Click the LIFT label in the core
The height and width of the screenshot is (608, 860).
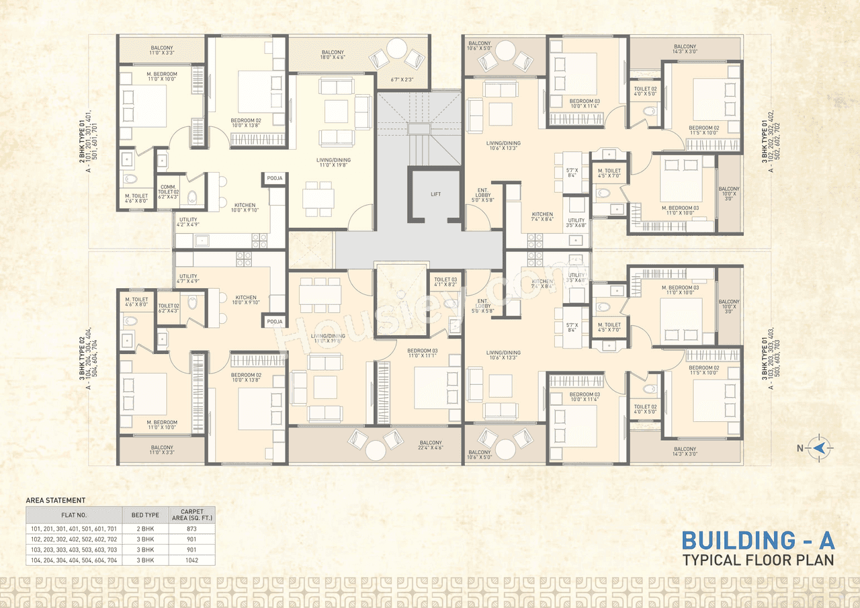pos(435,194)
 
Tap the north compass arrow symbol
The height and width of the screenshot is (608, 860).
pos(820,447)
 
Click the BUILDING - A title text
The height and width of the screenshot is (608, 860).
pos(758,541)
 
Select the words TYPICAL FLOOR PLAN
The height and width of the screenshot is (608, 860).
pos(758,560)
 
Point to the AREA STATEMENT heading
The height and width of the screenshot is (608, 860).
pos(55,501)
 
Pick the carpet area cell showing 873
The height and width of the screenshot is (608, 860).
pos(191,529)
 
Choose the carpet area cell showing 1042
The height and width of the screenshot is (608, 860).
pos(191,560)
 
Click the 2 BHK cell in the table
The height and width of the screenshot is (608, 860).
pos(145,529)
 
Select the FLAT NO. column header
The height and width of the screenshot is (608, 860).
pos(74,515)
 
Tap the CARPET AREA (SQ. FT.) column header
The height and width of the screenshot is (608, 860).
pos(191,515)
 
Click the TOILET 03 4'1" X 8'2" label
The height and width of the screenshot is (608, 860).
pos(445,283)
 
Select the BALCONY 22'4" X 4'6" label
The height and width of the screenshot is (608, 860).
pos(430,446)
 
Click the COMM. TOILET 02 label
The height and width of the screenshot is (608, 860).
pos(168,192)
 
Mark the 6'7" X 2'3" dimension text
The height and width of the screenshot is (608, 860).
pos(402,80)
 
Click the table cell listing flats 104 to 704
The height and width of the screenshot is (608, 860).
pos(74,560)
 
